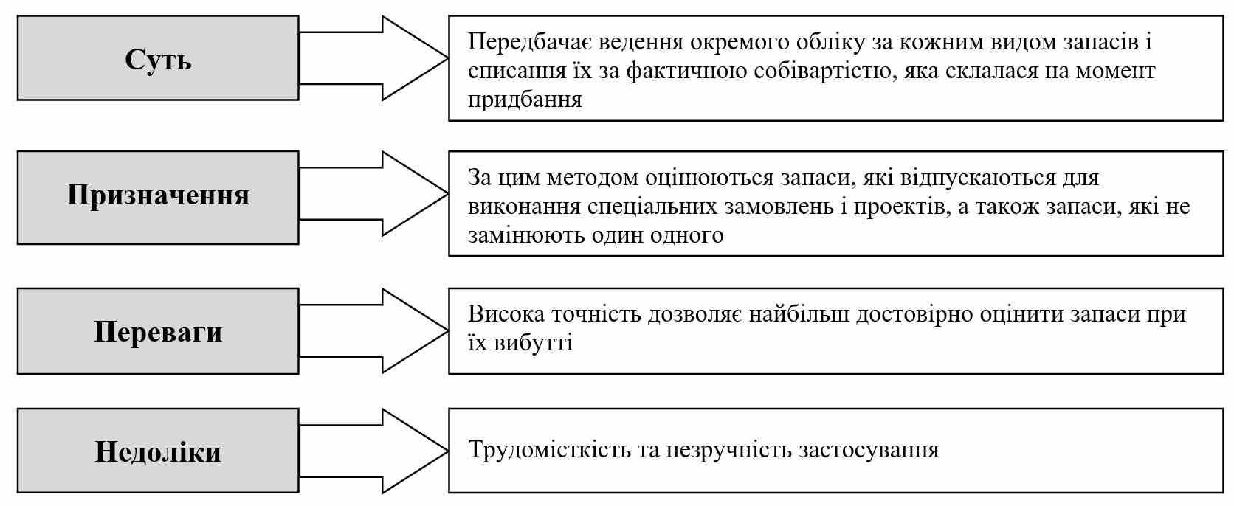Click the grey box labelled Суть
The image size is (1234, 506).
tap(158, 58)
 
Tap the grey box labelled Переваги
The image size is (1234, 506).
tap(158, 331)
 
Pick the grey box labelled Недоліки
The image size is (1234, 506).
tap(158, 451)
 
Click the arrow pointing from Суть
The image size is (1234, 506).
tap(373, 58)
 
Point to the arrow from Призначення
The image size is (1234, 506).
tap(373, 194)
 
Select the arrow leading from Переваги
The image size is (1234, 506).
tap(373, 331)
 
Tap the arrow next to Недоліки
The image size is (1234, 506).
tap(373, 451)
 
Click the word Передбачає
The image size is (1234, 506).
tap(530, 42)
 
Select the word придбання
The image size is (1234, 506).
tap(525, 100)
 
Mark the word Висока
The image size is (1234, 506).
tap(506, 314)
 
